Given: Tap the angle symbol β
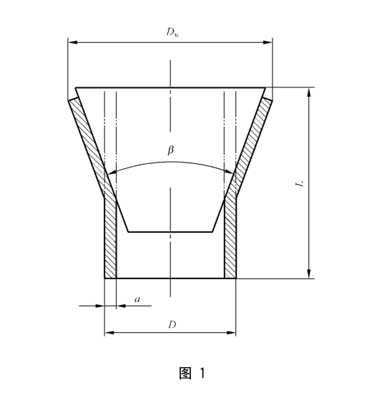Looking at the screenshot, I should [x=170, y=150].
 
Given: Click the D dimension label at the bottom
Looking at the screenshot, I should [x=172, y=324].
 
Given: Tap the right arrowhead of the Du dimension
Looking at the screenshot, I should [x=269, y=43].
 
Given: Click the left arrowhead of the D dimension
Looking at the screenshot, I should [x=109, y=333].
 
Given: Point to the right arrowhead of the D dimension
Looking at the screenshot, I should [x=232, y=333].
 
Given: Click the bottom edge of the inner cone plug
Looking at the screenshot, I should [x=170, y=231].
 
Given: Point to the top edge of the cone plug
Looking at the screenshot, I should [x=170, y=88].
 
